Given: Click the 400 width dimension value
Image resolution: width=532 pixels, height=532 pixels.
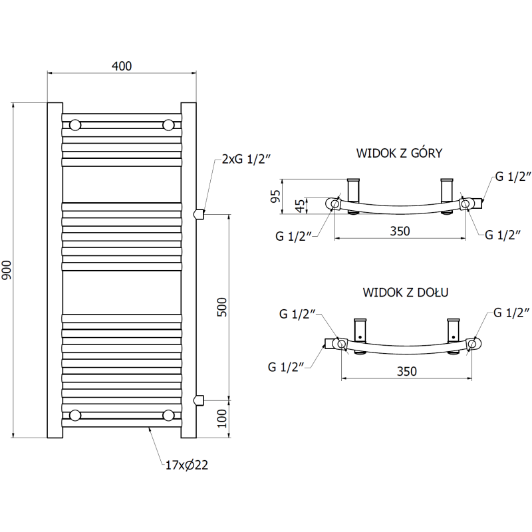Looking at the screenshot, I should pyautogui.click(x=122, y=66).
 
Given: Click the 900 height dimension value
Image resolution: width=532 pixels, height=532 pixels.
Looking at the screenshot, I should pyautogui.click(x=7, y=269).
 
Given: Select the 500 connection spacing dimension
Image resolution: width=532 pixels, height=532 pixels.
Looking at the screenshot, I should pyautogui.click(x=222, y=306).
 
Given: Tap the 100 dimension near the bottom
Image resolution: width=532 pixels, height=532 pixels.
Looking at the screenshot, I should pyautogui.click(x=222, y=418).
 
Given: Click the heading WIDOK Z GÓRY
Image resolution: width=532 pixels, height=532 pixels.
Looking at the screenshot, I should pyautogui.click(x=399, y=153).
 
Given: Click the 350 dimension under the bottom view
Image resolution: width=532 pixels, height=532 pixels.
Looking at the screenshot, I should pyautogui.click(x=406, y=371).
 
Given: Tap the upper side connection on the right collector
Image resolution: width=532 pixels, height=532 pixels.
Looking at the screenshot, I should pyautogui.click(x=198, y=213).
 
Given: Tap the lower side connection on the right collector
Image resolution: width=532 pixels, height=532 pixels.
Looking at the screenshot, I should pyautogui.click(x=198, y=399).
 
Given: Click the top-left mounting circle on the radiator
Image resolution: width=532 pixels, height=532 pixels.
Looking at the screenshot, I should pyautogui.click(x=76, y=124).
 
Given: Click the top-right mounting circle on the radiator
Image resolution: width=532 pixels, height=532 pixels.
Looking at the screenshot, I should pyautogui.click(x=169, y=124).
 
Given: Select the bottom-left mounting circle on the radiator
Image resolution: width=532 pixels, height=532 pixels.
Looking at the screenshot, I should pyautogui.click(x=76, y=415).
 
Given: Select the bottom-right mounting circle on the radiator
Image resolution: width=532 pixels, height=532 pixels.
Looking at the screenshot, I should pyautogui.click(x=169, y=415).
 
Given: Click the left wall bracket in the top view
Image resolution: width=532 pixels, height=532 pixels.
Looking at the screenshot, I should pyautogui.click(x=353, y=190).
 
